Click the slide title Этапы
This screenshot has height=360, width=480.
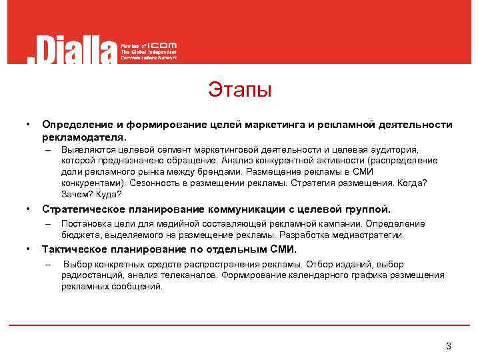coord(239,89)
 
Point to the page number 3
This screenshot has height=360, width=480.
coord(449,346)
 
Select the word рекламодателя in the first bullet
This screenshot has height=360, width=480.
coord(83,136)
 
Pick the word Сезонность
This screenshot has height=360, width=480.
coord(153,182)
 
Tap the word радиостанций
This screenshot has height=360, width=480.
coord(89,275)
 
